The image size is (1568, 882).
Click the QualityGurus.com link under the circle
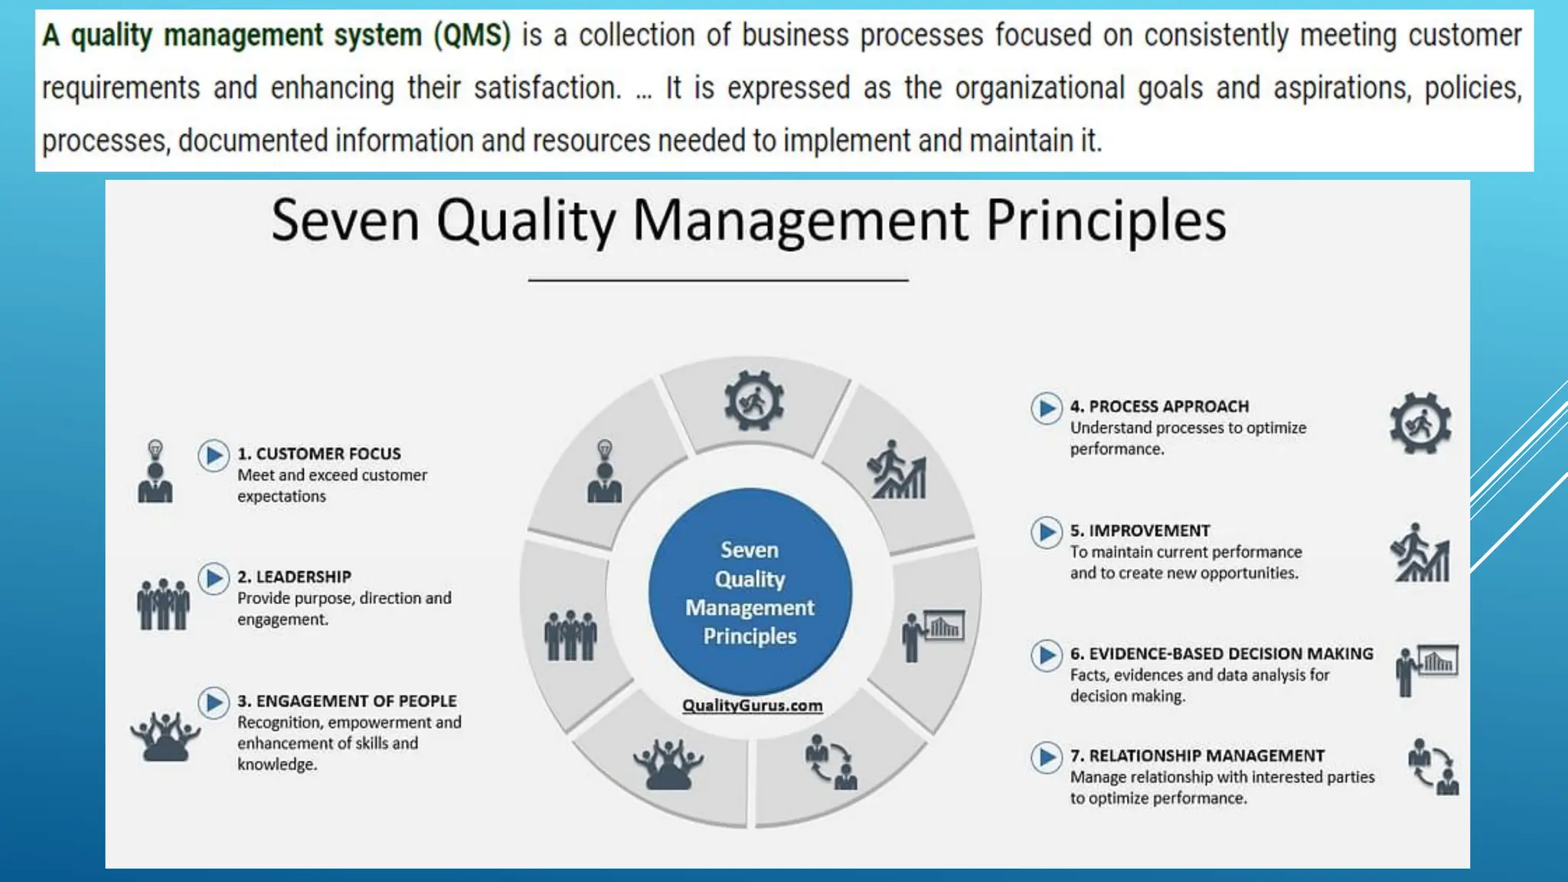[752, 705]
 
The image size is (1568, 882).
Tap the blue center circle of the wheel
[750, 592]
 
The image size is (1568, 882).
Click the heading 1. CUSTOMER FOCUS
[318, 454]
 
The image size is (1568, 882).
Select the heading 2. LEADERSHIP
[294, 577]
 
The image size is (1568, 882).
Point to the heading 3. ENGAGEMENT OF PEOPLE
[346, 701]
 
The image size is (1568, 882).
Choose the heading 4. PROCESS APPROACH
[1159, 407]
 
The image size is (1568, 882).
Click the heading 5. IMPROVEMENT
[1139, 531]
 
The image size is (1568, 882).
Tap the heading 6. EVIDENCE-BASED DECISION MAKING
[1221, 654]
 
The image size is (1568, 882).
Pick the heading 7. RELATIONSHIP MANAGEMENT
[1197, 756]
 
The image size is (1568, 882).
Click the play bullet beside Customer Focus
[214, 456]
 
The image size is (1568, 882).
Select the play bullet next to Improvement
[1046, 532]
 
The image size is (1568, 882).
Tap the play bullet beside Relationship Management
[1046, 757]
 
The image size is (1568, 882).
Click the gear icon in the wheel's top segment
[754, 401]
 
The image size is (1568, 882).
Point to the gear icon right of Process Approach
[1420, 423]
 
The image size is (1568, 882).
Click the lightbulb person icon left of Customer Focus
[155, 472]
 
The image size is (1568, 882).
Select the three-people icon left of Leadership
[163, 605]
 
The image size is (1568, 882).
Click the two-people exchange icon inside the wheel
[831, 762]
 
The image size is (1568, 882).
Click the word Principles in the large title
[1106, 221]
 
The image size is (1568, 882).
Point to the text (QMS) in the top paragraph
[472, 35]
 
